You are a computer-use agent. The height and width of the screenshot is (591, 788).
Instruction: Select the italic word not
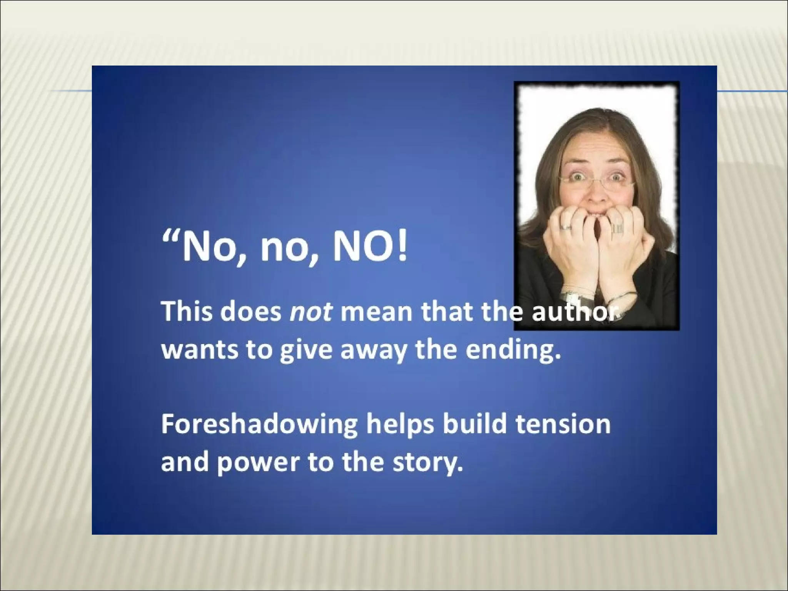pyautogui.click(x=310, y=312)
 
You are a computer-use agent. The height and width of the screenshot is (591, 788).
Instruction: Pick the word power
pyautogui.click(x=257, y=463)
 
